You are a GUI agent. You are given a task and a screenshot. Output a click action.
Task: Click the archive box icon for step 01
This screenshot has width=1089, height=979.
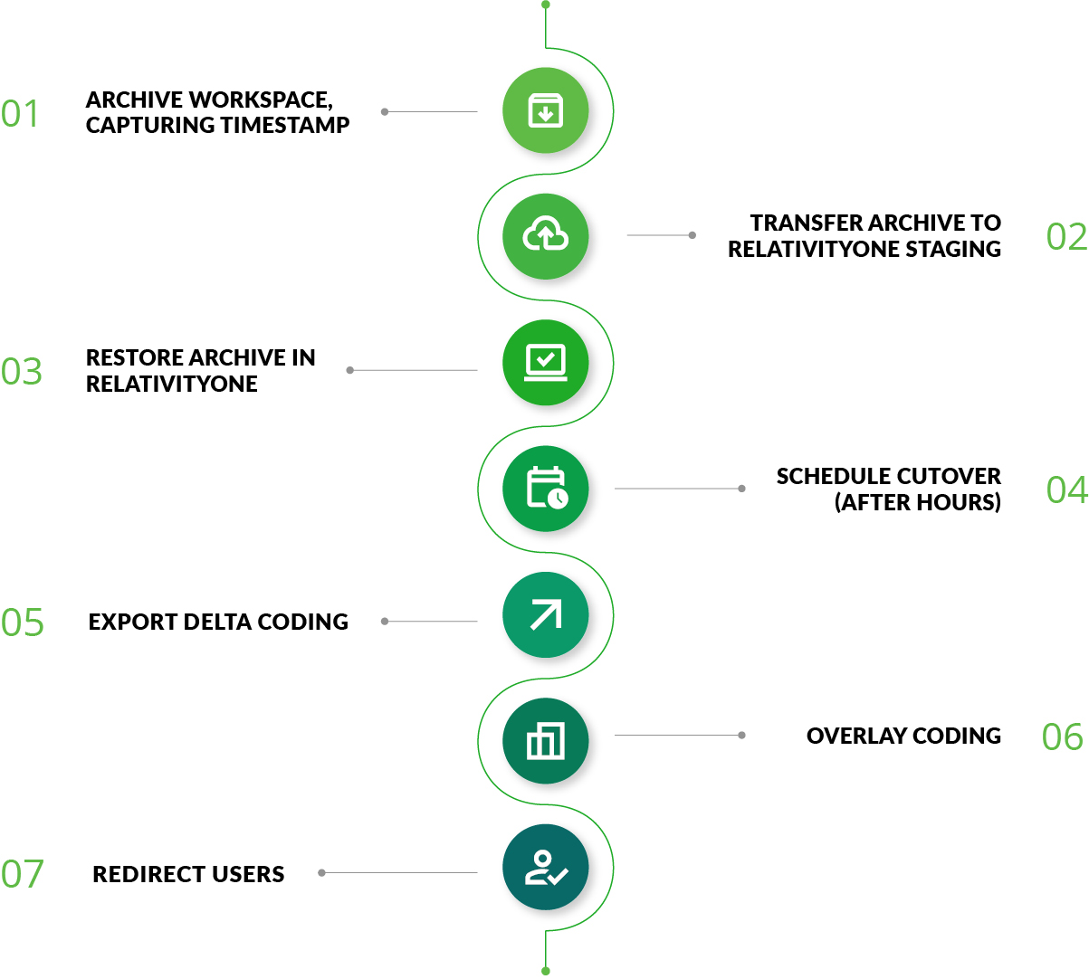[x=546, y=110]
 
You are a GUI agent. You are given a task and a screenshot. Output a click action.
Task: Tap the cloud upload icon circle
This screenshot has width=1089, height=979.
[x=546, y=236]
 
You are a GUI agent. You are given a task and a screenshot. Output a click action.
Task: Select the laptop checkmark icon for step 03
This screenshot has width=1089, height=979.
[x=546, y=362]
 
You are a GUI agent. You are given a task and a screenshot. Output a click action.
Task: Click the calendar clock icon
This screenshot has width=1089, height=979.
[x=546, y=489]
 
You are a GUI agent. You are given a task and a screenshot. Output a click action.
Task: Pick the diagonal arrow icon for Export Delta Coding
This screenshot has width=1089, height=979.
[x=546, y=615]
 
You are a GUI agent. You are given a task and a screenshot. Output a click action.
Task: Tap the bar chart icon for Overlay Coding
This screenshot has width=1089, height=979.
[x=546, y=741]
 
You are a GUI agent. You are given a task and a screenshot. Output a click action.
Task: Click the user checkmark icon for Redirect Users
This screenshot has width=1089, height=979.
[x=546, y=867]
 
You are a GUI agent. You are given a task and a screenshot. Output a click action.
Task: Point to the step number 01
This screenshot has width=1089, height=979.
[x=21, y=114]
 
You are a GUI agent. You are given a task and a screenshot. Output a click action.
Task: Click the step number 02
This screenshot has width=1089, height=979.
[x=1065, y=237]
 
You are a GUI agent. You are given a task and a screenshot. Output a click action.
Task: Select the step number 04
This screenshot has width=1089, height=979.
[x=1065, y=490]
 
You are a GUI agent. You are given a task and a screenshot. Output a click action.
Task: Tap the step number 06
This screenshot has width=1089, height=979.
[x=1063, y=737]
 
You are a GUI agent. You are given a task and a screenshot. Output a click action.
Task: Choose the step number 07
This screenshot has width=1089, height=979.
[x=23, y=874]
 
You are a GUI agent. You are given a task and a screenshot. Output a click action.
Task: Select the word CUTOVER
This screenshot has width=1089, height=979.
[x=950, y=477]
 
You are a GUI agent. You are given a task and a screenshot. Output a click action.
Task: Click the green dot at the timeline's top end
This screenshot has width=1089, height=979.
[x=546, y=5]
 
